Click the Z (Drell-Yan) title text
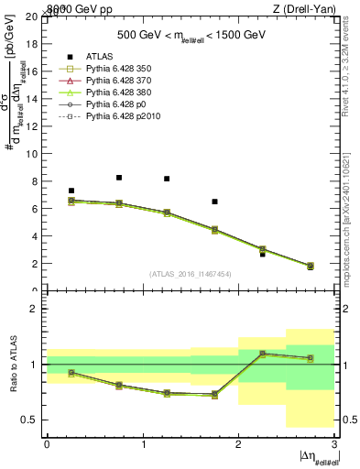click(x=309, y=9)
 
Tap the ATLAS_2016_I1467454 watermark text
click(x=191, y=273)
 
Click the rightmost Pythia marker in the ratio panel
click(x=310, y=358)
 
